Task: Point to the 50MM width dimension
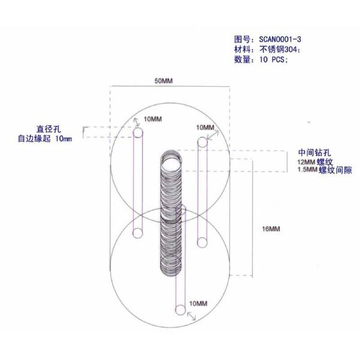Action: [163, 80]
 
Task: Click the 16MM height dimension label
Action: [271, 229]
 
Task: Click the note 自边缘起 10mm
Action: [44, 139]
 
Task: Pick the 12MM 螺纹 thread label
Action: [314, 162]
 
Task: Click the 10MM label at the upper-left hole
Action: [152, 119]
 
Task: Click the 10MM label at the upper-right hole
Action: [205, 128]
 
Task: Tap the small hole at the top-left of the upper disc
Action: [138, 136]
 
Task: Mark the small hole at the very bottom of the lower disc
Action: [179, 310]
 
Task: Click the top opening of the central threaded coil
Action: [171, 161]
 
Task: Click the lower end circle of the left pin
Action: [138, 233]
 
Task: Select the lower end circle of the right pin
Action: [203, 242]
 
